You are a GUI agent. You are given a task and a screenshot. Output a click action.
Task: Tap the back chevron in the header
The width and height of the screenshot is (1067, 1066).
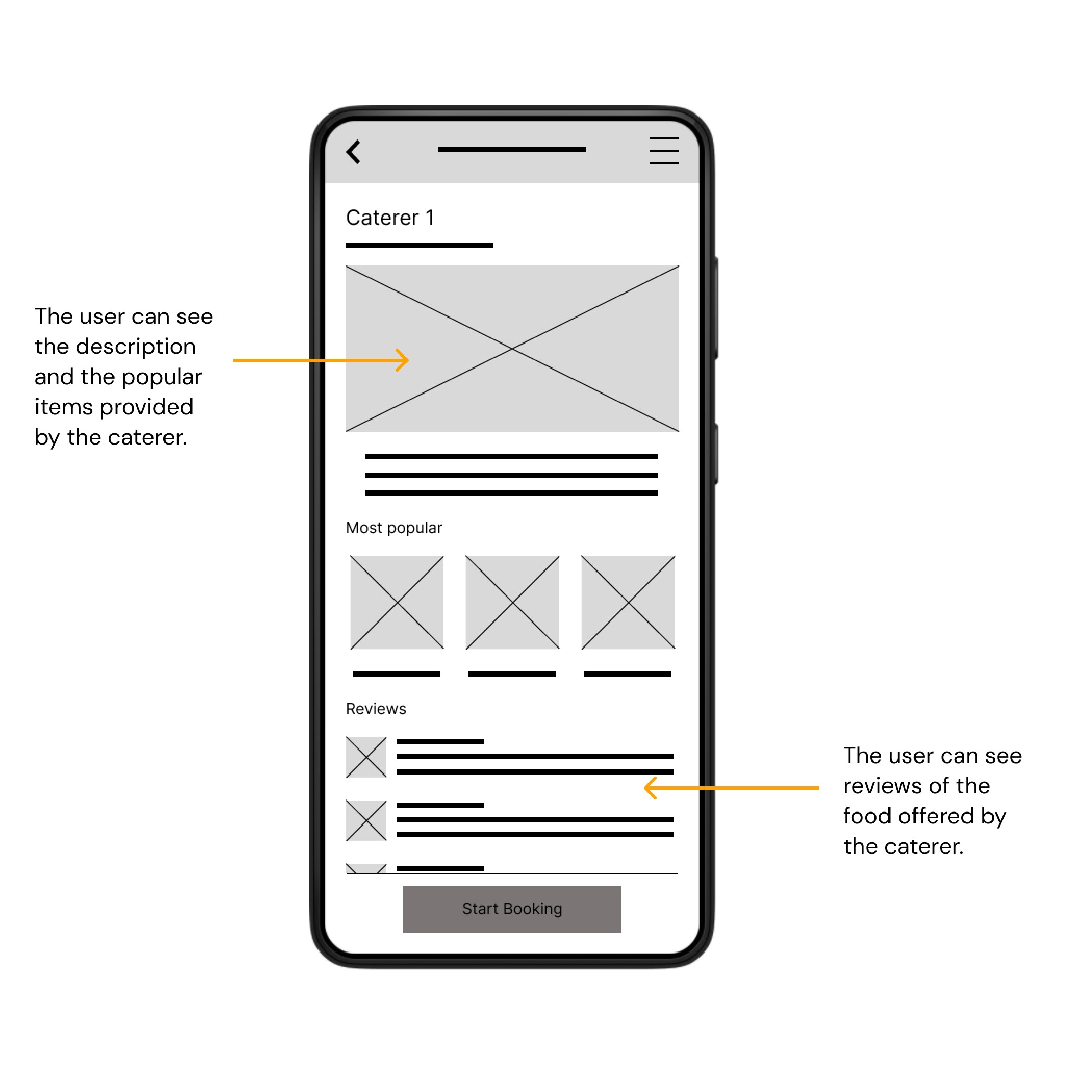353,152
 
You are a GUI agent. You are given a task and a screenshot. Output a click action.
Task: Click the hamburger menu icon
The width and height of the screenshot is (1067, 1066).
664,151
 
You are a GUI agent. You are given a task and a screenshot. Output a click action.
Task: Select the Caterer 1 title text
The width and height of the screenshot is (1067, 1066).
390,218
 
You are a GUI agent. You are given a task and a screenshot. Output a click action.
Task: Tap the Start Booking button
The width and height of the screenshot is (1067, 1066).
512,909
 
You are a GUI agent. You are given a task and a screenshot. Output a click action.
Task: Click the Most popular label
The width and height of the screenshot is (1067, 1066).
394,528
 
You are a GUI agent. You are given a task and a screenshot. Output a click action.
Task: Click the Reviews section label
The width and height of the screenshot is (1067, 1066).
376,708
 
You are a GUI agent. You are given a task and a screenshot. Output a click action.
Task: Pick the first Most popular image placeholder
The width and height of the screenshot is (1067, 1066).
397,602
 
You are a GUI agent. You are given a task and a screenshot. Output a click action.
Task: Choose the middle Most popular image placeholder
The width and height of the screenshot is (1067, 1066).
513,602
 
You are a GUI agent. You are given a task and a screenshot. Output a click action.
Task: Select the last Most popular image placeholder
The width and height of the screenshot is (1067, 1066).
628,602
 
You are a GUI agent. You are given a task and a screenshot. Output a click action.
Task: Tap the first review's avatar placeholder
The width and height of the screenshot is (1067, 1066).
366,757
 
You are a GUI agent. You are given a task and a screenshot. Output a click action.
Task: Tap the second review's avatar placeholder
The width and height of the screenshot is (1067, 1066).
366,820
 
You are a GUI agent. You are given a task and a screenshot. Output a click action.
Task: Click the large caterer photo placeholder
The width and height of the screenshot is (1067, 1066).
512,349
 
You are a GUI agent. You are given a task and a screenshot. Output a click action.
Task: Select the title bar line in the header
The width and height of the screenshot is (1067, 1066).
512,149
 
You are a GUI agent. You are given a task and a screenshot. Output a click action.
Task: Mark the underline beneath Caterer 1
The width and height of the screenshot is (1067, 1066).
419,245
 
